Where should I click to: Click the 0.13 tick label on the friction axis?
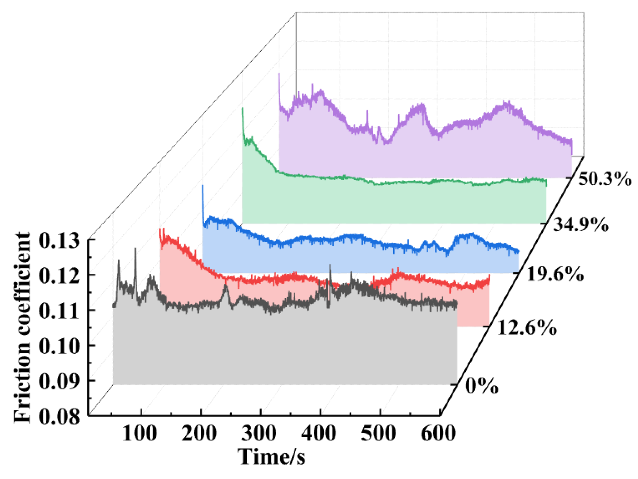pos(59,241)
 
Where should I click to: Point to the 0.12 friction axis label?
pos(59,276)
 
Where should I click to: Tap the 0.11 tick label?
pos(59,311)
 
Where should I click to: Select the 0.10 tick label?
pos(59,346)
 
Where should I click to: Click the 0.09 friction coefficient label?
pos(59,381)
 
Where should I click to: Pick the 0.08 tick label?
pos(59,417)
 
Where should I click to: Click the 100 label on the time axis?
pos(139,434)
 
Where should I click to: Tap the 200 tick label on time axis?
pos(199,434)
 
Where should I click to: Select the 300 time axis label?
pos(259,434)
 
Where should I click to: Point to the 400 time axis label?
pos(319,434)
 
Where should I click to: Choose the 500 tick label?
pos(378,434)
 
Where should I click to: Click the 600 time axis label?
pos(438,434)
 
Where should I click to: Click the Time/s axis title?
pos(271,457)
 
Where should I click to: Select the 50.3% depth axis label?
pos(605,179)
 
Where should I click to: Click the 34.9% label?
pos(581,225)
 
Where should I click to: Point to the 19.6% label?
pos(555,275)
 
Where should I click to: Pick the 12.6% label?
pos(527,328)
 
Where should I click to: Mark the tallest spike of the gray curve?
pos(135,249)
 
